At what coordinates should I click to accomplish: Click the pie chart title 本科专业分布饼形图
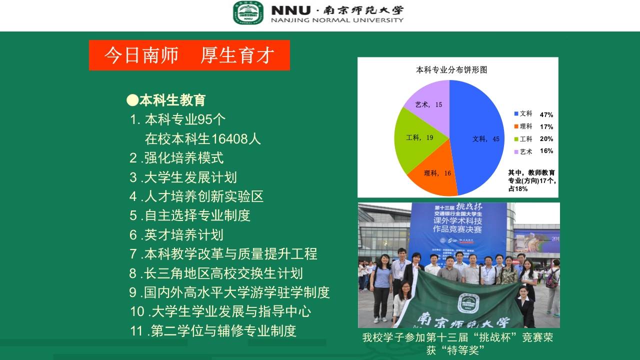[x=451, y=70]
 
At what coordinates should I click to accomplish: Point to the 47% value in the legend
[x=546, y=114]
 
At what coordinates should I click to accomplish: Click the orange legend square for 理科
[x=516, y=126]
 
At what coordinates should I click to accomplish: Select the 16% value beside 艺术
[x=546, y=151]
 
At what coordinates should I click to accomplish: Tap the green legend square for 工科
[x=516, y=139]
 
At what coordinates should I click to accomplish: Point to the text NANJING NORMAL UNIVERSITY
[x=337, y=20]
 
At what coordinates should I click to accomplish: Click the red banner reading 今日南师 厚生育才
[x=189, y=55]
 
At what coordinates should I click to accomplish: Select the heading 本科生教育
[x=172, y=100]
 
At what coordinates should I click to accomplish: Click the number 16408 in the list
[x=229, y=138]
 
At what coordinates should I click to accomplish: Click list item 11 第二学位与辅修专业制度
[x=213, y=331]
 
